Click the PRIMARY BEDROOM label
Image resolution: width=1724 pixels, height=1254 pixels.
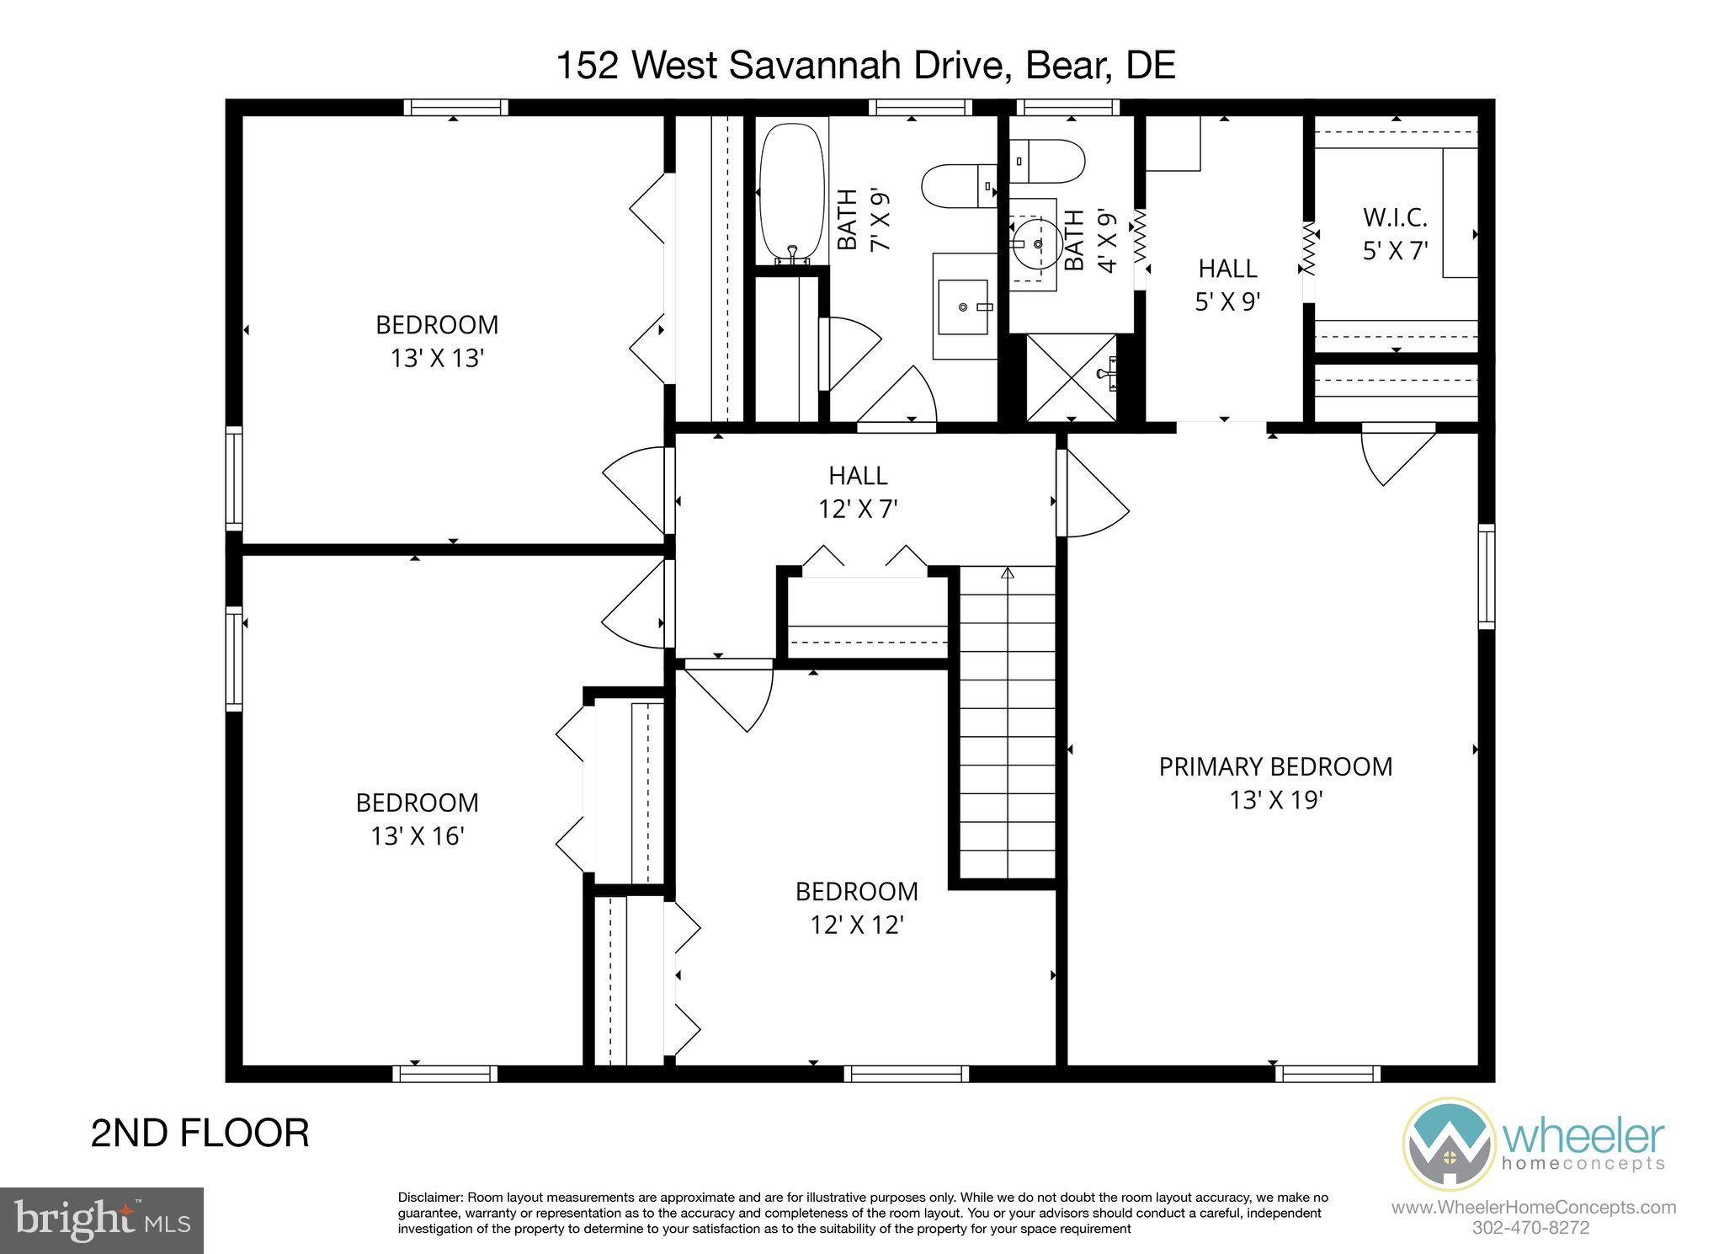point(1274,766)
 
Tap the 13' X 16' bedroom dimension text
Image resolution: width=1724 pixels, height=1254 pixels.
point(418,836)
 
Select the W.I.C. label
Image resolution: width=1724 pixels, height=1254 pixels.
point(1395,218)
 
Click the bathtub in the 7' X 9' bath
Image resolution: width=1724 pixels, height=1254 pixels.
point(791,194)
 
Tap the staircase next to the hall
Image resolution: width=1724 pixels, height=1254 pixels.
point(1007,724)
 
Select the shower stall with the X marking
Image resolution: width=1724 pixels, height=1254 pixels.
point(1071,377)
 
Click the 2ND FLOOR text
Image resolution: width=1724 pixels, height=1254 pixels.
point(200,1134)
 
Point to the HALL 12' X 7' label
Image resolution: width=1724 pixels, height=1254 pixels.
point(858,493)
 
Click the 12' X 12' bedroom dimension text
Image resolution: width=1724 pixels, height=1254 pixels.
point(857,926)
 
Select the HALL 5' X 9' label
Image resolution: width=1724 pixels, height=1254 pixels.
point(1227,285)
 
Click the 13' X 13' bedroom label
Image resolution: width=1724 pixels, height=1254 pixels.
point(437,341)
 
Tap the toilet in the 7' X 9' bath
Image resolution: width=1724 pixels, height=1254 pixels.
point(958,186)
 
